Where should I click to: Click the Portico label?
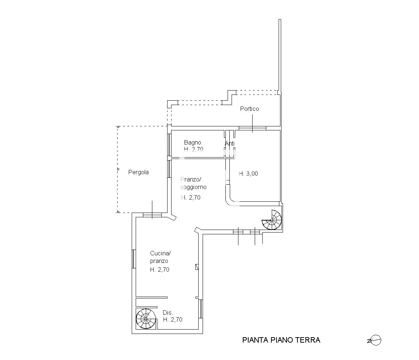249,109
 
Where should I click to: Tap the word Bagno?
192,143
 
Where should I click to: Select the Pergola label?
139,172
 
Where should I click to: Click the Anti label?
229,144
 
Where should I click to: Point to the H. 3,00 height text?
248,173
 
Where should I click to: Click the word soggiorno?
194,187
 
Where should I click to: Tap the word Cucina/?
160,253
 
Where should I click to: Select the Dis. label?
168,313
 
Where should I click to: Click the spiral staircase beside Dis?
146,319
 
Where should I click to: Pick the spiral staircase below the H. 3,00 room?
271,220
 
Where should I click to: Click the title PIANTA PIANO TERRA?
281,340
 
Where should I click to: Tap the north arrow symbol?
374,340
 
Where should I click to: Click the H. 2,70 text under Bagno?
194,150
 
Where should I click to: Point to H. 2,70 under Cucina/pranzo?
160,269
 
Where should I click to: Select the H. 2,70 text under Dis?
173,319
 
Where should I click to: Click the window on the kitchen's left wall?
134,259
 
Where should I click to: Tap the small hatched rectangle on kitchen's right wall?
197,267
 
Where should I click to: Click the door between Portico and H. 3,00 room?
253,128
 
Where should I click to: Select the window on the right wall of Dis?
200,309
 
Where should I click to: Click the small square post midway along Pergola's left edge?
118,169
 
